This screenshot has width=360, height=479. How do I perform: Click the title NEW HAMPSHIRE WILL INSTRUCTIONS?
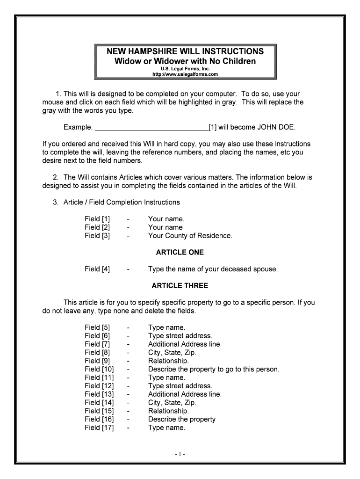click(x=186, y=51)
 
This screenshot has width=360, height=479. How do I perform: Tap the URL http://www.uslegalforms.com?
click(x=186, y=74)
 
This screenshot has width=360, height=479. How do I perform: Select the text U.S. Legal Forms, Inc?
click(x=186, y=69)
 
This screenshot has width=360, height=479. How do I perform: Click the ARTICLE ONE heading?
click(x=180, y=253)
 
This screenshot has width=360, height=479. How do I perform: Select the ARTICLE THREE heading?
click(x=180, y=286)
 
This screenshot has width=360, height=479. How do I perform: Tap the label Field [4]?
click(x=97, y=269)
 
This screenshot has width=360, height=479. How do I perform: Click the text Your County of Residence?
click(x=190, y=236)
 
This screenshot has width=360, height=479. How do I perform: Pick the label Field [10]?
click(x=99, y=369)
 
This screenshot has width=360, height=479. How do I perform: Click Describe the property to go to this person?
click(x=213, y=369)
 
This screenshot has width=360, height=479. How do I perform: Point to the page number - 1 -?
click(x=180, y=454)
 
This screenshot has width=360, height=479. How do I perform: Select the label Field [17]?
click(x=99, y=428)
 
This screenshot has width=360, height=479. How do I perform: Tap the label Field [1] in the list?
click(x=97, y=219)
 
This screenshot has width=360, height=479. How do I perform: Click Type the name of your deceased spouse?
click(x=213, y=269)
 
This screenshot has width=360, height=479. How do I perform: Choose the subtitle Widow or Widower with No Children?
click(x=186, y=61)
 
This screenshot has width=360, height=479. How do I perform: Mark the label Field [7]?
click(x=97, y=344)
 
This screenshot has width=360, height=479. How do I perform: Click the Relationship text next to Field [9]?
click(x=168, y=361)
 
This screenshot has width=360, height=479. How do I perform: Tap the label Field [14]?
click(x=99, y=403)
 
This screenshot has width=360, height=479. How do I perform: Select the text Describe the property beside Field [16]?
click(x=181, y=419)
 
